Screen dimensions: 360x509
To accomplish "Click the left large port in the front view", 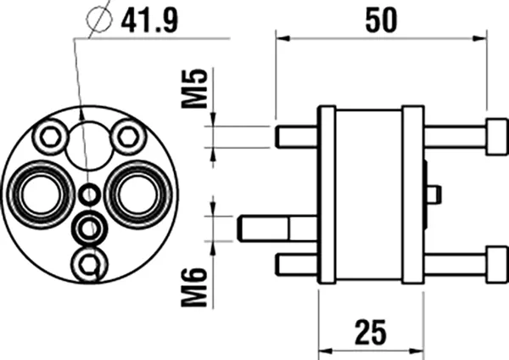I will (39, 193).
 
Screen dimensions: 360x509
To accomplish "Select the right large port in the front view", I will (135, 193).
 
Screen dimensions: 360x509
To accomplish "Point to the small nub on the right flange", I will (433, 194).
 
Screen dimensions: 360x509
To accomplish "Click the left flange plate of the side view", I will (326, 194).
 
